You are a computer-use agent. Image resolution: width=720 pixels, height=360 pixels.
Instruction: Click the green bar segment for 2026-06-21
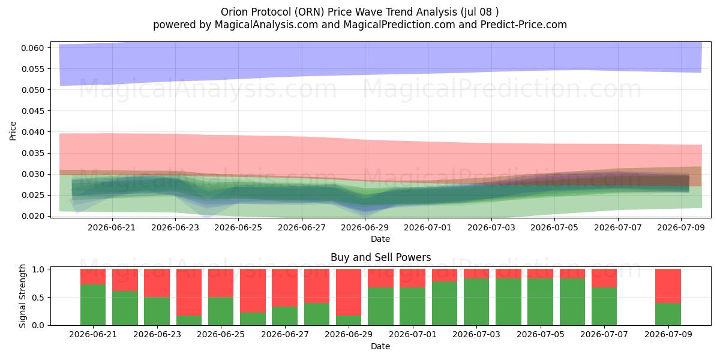coord(93,305)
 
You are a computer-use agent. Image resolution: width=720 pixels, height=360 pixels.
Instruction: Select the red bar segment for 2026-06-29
coord(349,292)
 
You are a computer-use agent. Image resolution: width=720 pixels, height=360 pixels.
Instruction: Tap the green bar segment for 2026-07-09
coord(668,314)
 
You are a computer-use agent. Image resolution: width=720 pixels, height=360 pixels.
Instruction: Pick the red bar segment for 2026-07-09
coord(668,286)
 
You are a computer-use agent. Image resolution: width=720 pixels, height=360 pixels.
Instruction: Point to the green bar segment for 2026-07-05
coord(541,302)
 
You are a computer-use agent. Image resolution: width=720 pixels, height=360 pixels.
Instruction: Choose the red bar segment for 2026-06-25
coord(221,283)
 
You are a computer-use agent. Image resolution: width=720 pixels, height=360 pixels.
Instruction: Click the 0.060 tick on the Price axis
coord(32,48)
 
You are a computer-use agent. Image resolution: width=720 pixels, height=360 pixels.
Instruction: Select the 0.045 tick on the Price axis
coord(32,111)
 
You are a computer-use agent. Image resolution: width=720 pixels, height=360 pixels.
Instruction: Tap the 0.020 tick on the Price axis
coord(32,216)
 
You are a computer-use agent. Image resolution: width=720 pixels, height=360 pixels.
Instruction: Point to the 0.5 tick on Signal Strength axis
coord(38,298)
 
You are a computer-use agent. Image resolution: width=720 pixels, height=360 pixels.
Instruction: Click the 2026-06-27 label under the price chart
coord(301,227)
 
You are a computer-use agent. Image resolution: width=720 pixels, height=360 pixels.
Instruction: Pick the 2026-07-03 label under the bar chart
coord(476,334)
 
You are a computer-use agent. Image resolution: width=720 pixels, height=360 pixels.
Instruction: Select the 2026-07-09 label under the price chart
coord(681,227)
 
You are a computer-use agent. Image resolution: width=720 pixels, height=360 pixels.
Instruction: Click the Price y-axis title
coord(13,131)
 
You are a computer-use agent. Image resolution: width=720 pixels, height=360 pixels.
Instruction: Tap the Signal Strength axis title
coord(22,296)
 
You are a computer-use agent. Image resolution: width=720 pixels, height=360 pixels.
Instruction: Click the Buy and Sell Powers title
coord(380,257)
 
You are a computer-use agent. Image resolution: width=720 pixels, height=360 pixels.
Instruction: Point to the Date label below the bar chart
coord(380,346)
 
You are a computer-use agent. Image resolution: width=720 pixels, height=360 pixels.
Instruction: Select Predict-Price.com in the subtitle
coord(524,25)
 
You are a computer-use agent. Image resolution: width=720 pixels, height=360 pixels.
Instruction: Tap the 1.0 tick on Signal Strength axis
coord(38,269)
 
